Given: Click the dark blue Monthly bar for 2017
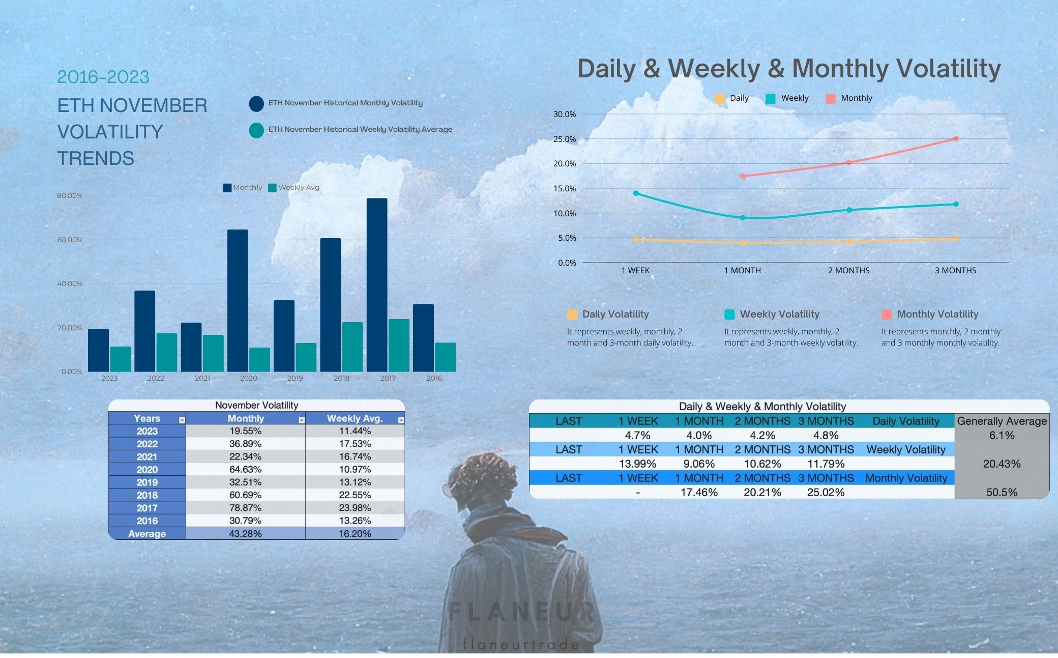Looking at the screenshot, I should (376, 285).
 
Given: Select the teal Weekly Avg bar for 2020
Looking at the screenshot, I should (259, 360).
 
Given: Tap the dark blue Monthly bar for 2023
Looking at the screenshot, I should (98, 350).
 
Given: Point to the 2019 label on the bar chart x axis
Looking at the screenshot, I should (295, 378).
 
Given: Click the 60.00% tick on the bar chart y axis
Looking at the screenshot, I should (70, 240).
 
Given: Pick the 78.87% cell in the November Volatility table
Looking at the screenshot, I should (245, 508).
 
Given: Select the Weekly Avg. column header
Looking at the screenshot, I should (355, 418).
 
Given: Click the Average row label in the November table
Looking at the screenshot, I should (147, 534).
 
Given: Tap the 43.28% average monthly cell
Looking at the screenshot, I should (245, 534).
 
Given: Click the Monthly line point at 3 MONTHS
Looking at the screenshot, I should (956, 138).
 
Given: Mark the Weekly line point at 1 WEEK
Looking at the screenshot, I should (636, 193).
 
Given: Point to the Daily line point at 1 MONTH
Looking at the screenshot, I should (743, 243).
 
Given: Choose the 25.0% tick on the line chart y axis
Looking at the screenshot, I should (565, 139).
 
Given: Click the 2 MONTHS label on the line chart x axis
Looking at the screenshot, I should (848, 270).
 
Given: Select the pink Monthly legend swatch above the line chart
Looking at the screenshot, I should (831, 99).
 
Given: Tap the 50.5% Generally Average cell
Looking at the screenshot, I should (1002, 492).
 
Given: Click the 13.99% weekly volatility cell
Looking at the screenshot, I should (637, 464).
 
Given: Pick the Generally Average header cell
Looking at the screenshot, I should (1002, 421).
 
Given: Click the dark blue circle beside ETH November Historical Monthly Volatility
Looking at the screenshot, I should (256, 103).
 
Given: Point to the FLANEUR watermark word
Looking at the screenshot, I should (522, 612).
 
